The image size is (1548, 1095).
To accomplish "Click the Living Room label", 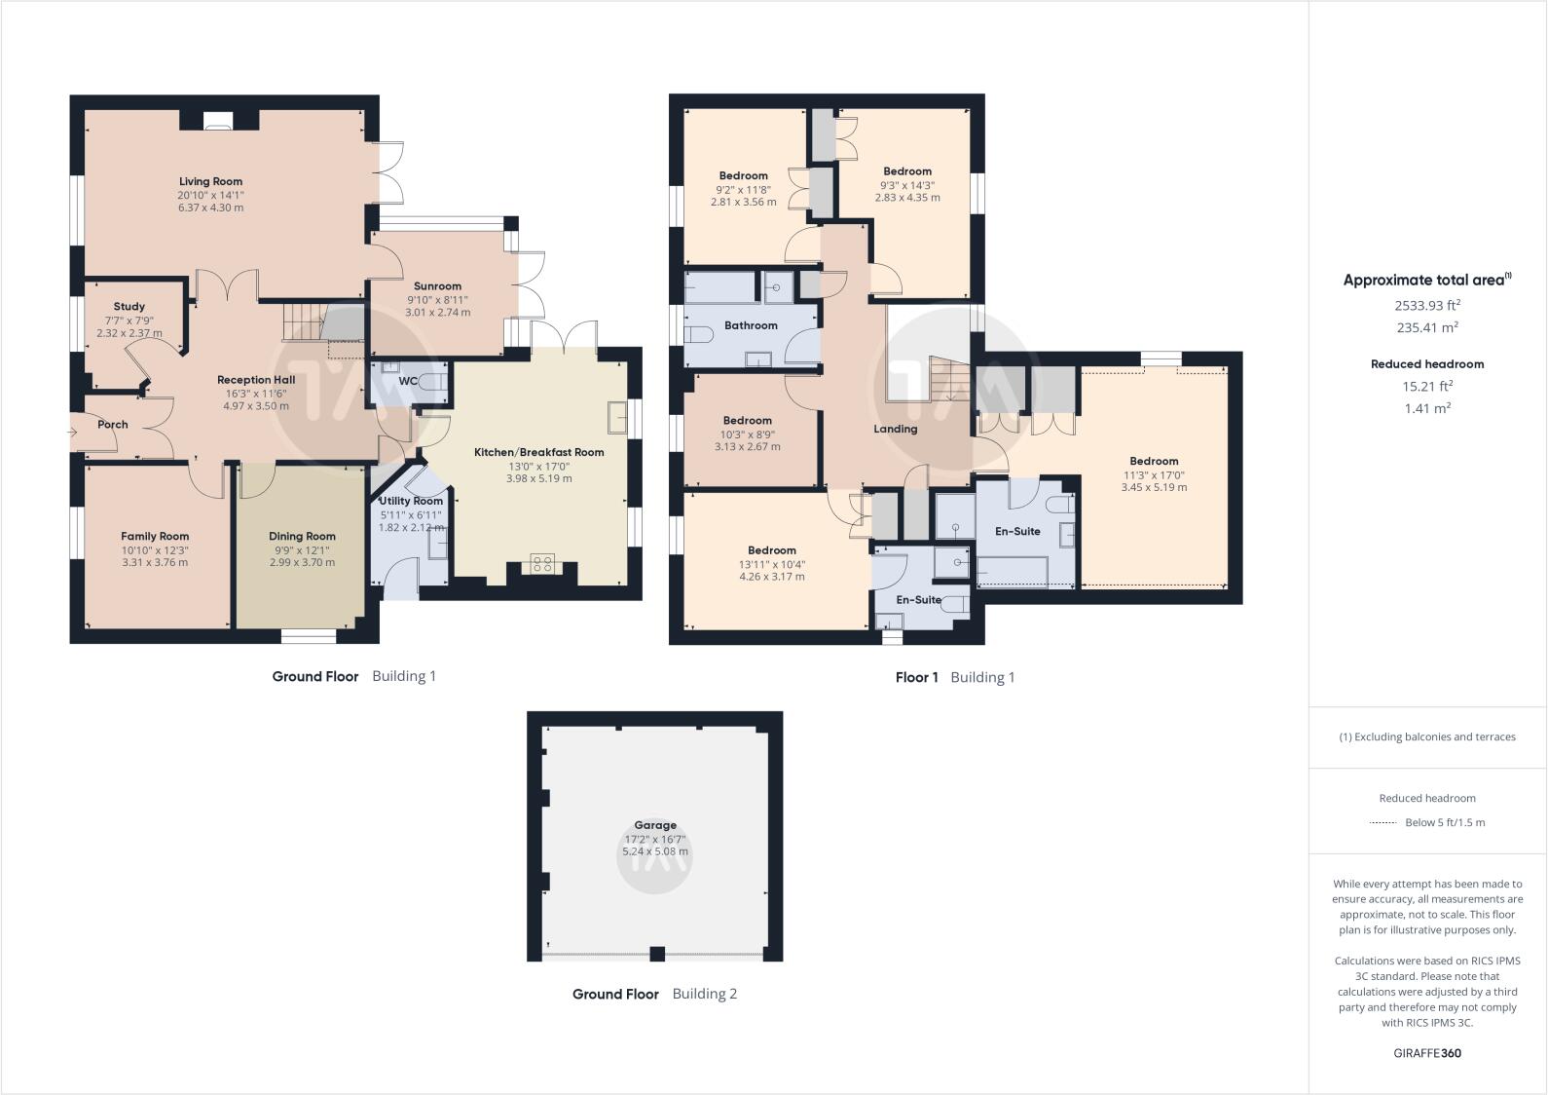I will pos(210,181).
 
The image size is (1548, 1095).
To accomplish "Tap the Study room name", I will pos(129,306).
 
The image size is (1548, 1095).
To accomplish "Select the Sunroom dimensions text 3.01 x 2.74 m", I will pos(437,313).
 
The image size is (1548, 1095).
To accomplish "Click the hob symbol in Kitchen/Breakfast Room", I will pos(542,563).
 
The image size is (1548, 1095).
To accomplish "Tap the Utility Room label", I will pos(411,501).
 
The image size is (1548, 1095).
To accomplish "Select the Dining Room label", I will pos(302,536).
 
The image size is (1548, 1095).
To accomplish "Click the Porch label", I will pos(113,425).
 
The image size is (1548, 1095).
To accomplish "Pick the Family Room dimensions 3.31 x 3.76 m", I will pos(155,562).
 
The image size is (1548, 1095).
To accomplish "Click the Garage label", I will pos(654,825).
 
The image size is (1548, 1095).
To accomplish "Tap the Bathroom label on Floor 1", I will pos(751,325).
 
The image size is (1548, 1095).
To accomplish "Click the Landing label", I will pos(895,429).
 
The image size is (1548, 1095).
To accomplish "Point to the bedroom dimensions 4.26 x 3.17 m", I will pos(772,577).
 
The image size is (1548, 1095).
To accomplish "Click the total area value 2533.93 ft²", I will pos(1427,305).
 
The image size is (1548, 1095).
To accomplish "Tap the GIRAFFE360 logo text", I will pos(1427,1053).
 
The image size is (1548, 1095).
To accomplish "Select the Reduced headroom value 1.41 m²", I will pos(1427,408).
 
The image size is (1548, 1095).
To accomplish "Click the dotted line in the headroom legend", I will pos(1382,823).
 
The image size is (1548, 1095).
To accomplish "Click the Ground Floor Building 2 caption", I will pos(654,994).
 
